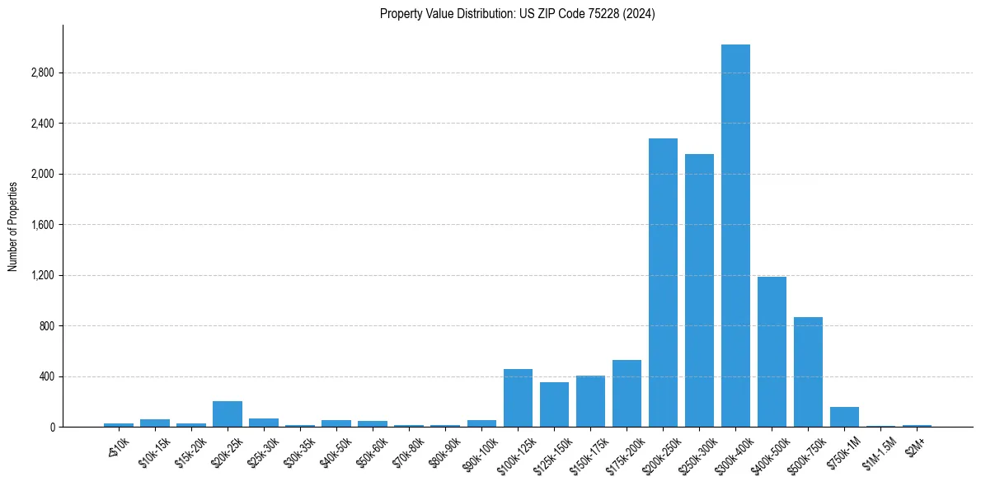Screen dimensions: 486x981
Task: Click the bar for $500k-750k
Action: coord(808,372)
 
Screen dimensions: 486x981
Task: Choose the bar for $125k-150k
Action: coord(554,404)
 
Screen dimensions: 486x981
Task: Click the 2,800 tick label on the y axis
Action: coord(41,73)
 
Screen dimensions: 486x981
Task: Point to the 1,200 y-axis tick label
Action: coord(41,276)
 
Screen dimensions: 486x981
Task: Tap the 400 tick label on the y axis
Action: coord(45,377)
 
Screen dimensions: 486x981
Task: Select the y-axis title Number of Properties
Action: coord(12,226)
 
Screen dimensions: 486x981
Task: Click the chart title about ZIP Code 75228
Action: coord(517,14)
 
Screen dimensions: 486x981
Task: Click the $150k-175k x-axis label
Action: coord(586,453)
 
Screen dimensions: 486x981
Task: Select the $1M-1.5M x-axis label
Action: coord(879,452)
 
